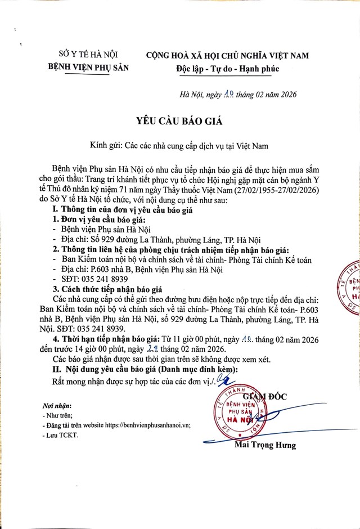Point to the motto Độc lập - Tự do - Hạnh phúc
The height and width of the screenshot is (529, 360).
click(x=226, y=69)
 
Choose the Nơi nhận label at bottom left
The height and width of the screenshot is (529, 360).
click(x=57, y=406)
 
